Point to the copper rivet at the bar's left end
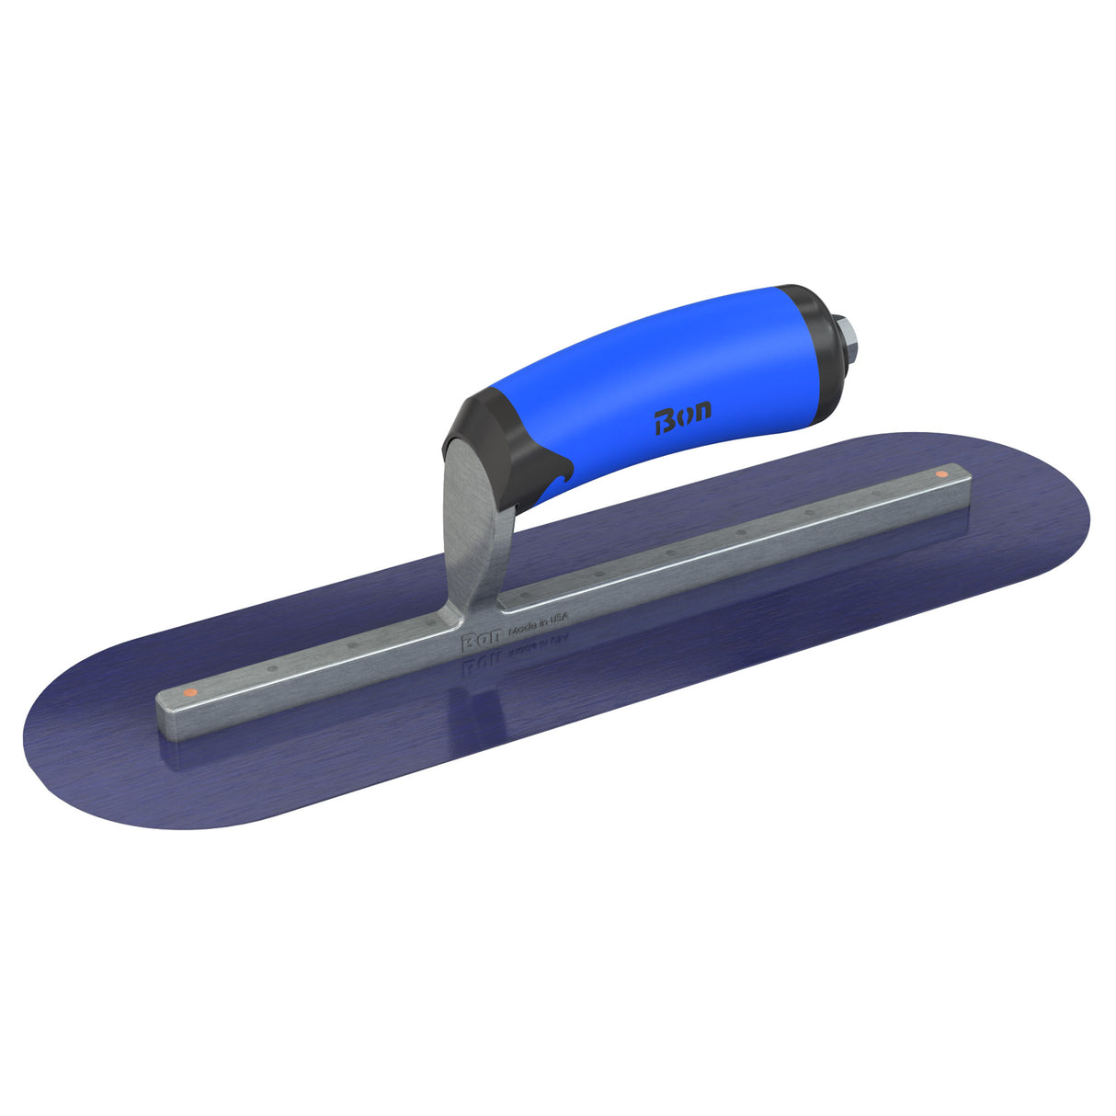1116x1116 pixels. (x=188, y=690)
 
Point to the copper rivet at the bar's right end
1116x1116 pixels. (x=940, y=474)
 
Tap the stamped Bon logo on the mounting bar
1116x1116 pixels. (x=480, y=641)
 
